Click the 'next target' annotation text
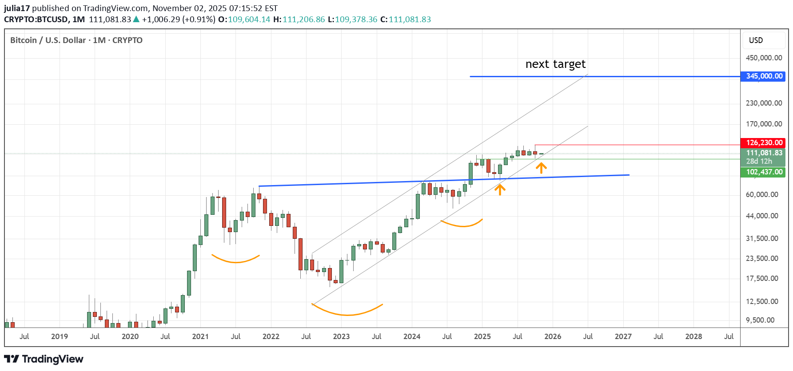(555, 64)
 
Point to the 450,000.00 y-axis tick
(764, 58)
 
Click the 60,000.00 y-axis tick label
(762, 195)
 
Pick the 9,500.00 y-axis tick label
(760, 320)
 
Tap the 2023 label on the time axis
(341, 336)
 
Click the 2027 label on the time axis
(623, 336)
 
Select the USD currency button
(756, 40)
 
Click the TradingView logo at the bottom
(44, 359)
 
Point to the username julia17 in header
(17, 8)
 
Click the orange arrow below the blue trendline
(500, 190)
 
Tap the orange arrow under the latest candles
(541, 168)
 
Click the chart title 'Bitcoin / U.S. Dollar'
(48, 40)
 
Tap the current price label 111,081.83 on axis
(764, 153)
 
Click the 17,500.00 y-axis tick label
(762, 279)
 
